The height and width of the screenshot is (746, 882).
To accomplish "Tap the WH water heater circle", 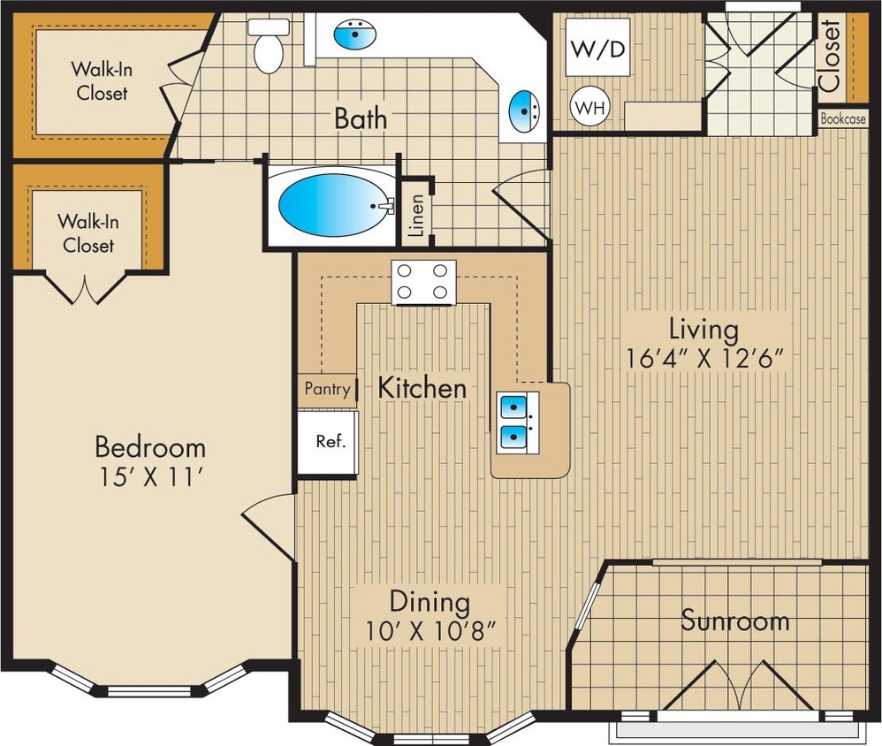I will [590, 108].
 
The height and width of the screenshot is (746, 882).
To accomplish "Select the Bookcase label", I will [842, 118].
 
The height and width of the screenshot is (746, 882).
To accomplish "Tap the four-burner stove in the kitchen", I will [424, 282].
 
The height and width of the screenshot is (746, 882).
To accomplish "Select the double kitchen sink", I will [513, 421].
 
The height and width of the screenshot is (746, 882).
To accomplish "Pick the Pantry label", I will [327, 388].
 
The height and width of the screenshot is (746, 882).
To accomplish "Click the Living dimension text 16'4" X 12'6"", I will [704, 360].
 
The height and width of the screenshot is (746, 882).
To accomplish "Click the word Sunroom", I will [734, 620].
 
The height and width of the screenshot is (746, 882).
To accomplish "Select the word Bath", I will [360, 118].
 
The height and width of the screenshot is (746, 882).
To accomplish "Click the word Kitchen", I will [422, 387].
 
